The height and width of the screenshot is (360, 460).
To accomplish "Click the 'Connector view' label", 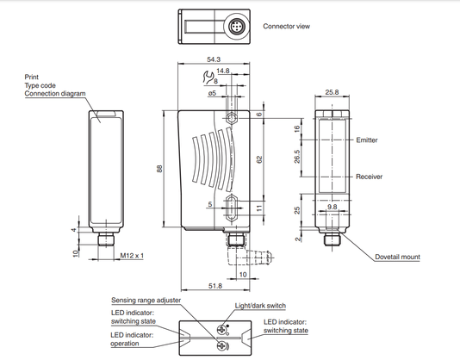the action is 286,27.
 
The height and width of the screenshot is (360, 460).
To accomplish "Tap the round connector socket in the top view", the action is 236,27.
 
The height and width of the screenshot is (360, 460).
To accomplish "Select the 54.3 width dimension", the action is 214,59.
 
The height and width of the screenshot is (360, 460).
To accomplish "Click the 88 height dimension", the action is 159,169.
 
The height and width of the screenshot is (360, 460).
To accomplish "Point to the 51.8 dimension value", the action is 215,286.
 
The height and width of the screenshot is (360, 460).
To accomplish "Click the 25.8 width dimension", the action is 333,92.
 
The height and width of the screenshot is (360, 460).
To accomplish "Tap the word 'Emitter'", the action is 367,140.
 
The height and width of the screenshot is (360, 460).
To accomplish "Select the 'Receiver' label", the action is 369,177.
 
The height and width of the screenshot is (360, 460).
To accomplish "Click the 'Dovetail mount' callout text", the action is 397,257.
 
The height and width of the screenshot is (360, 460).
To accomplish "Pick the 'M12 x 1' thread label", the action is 132,256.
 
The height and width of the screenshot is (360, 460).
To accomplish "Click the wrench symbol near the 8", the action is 208,78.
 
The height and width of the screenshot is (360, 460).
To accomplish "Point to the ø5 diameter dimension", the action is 212,93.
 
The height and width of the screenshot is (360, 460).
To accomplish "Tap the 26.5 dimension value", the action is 297,157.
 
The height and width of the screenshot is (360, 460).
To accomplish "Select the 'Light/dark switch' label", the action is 260,306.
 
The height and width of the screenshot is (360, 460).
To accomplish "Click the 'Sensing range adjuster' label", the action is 146,301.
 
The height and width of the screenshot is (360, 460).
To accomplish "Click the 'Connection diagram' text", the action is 55,94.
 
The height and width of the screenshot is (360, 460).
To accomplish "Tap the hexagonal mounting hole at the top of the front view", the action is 232,119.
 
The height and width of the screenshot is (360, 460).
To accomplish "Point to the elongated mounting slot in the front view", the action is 232,208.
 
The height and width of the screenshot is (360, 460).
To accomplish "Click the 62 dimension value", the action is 259,160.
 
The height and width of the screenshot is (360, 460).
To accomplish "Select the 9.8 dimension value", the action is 333,207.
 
